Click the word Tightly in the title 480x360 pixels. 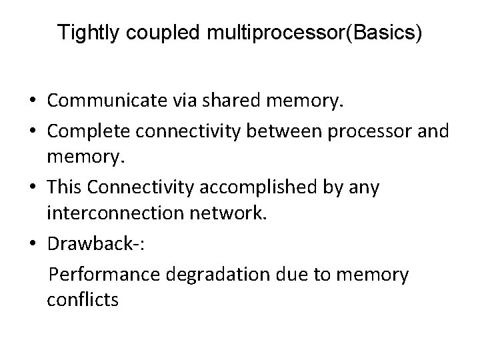(83, 33)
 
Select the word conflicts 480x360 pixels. (83, 300)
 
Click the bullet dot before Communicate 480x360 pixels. (32, 102)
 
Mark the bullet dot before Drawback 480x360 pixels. (32, 245)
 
